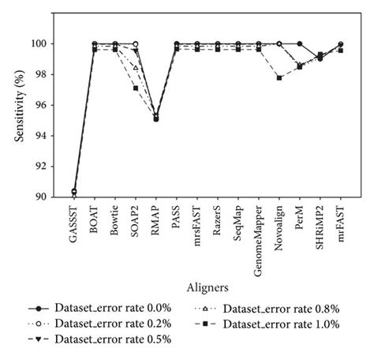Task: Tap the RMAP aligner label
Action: click(156, 221)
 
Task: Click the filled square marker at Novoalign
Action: click(279, 77)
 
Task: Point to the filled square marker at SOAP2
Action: click(136, 88)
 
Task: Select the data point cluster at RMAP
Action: click(156, 118)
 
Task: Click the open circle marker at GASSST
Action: click(74, 192)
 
